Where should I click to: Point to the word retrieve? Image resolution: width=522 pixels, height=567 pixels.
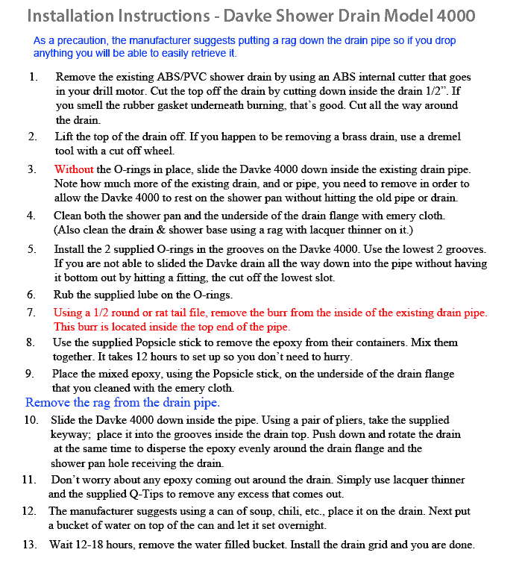(201, 54)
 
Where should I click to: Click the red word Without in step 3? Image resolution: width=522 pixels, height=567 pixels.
(74, 169)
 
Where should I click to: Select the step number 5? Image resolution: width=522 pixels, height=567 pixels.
(31, 248)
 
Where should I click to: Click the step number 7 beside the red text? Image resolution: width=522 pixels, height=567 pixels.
(31, 312)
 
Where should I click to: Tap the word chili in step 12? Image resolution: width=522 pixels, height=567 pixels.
(312, 511)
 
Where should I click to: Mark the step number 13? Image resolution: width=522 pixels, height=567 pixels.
(30, 545)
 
